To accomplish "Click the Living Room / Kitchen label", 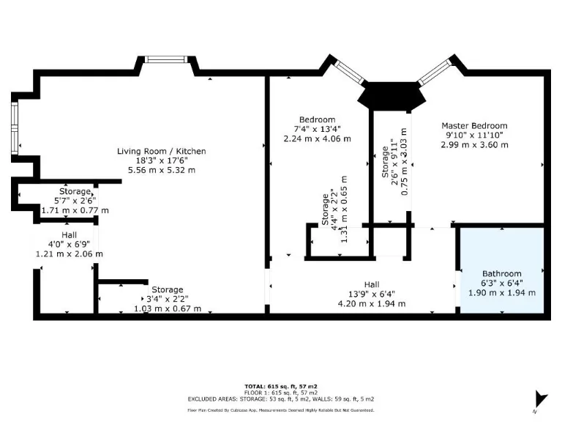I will point(162,151).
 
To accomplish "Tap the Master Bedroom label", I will point(473,126).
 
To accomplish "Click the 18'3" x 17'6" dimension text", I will point(162,160).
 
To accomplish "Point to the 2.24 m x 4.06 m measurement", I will point(317,138).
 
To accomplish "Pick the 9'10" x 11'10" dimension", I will point(473,136).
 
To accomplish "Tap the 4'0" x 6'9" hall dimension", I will point(70,245).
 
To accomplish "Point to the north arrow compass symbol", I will point(541,399).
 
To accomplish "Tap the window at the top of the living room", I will point(167,59).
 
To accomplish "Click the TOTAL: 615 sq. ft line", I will point(280,385).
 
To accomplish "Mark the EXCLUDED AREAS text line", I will point(280,399).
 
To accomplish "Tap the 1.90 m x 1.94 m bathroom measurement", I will point(501,292).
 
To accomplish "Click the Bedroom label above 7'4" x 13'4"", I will point(317,119).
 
